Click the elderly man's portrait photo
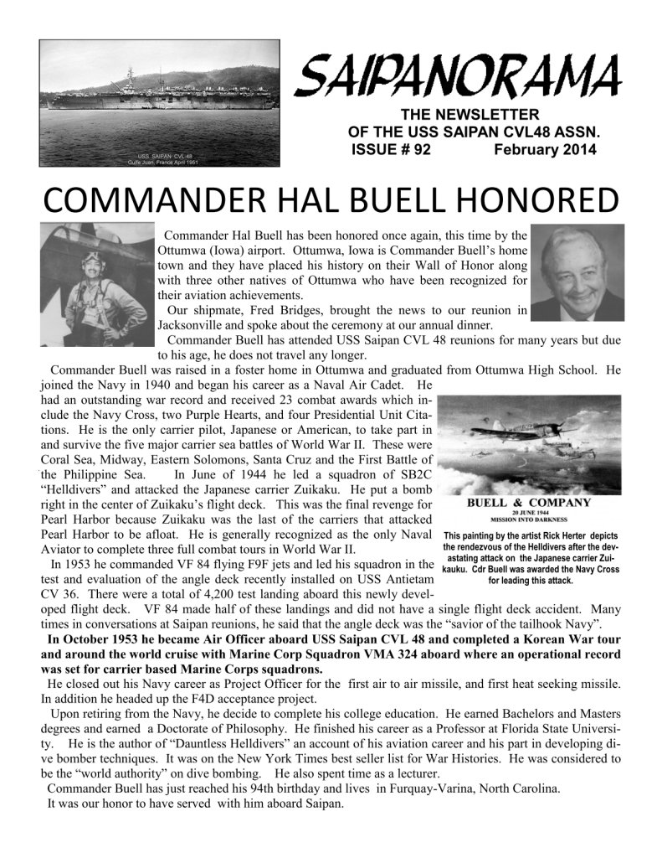coord(577,274)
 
